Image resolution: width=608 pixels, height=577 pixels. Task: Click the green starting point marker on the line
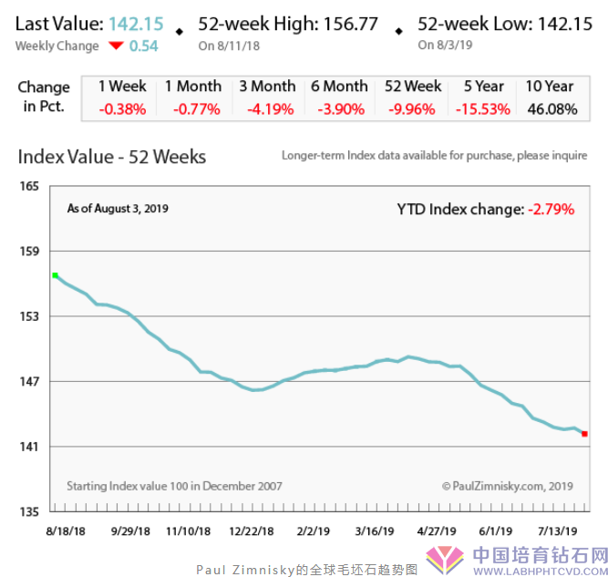pyautogui.click(x=55, y=274)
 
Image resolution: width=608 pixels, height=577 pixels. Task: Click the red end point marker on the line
pyautogui.click(x=584, y=434)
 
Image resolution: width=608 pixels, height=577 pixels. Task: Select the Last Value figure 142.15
pyautogui.click(x=136, y=25)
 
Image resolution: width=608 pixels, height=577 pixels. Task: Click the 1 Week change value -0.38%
pyautogui.click(x=122, y=109)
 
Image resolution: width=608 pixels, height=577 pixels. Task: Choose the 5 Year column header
pyautogui.click(x=483, y=87)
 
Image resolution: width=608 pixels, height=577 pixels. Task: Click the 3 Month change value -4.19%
pyautogui.click(x=266, y=109)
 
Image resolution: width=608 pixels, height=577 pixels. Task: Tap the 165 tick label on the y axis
pyautogui.click(x=29, y=186)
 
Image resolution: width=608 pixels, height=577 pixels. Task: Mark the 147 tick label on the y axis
pyautogui.click(x=29, y=381)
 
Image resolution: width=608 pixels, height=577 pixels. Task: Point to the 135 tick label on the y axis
pyautogui.click(x=29, y=511)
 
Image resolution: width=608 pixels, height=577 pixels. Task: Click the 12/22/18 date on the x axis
pyautogui.click(x=250, y=530)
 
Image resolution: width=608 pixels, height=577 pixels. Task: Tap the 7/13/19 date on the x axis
pyautogui.click(x=561, y=530)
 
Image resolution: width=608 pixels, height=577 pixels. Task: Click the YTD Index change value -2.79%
pyautogui.click(x=551, y=210)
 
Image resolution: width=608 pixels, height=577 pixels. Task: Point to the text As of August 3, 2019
pyautogui.click(x=118, y=209)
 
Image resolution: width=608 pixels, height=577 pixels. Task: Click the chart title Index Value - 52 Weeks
pyautogui.click(x=112, y=157)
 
